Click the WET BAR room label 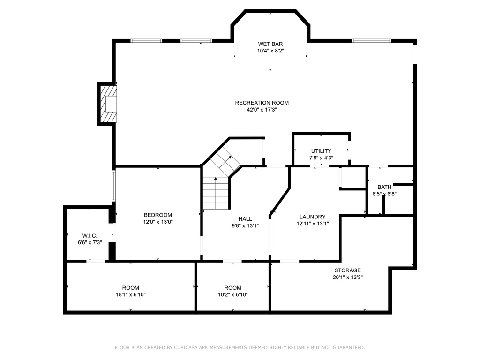(270, 44)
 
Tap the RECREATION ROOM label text (262, 103)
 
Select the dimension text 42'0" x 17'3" (262, 110)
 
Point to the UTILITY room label (321, 151)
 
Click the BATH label (384, 187)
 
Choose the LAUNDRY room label (313, 217)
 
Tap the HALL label (245, 219)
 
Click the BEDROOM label (158, 215)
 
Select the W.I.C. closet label (90, 236)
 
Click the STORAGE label (347, 270)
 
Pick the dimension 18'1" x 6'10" (130, 295)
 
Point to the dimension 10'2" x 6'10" (232, 295)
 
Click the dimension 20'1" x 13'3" (347, 277)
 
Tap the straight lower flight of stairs (216, 194)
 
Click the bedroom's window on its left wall (113, 186)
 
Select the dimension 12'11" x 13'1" (313, 224)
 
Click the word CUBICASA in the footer (186, 347)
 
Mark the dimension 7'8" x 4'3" (321, 158)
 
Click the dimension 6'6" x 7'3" (90, 243)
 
